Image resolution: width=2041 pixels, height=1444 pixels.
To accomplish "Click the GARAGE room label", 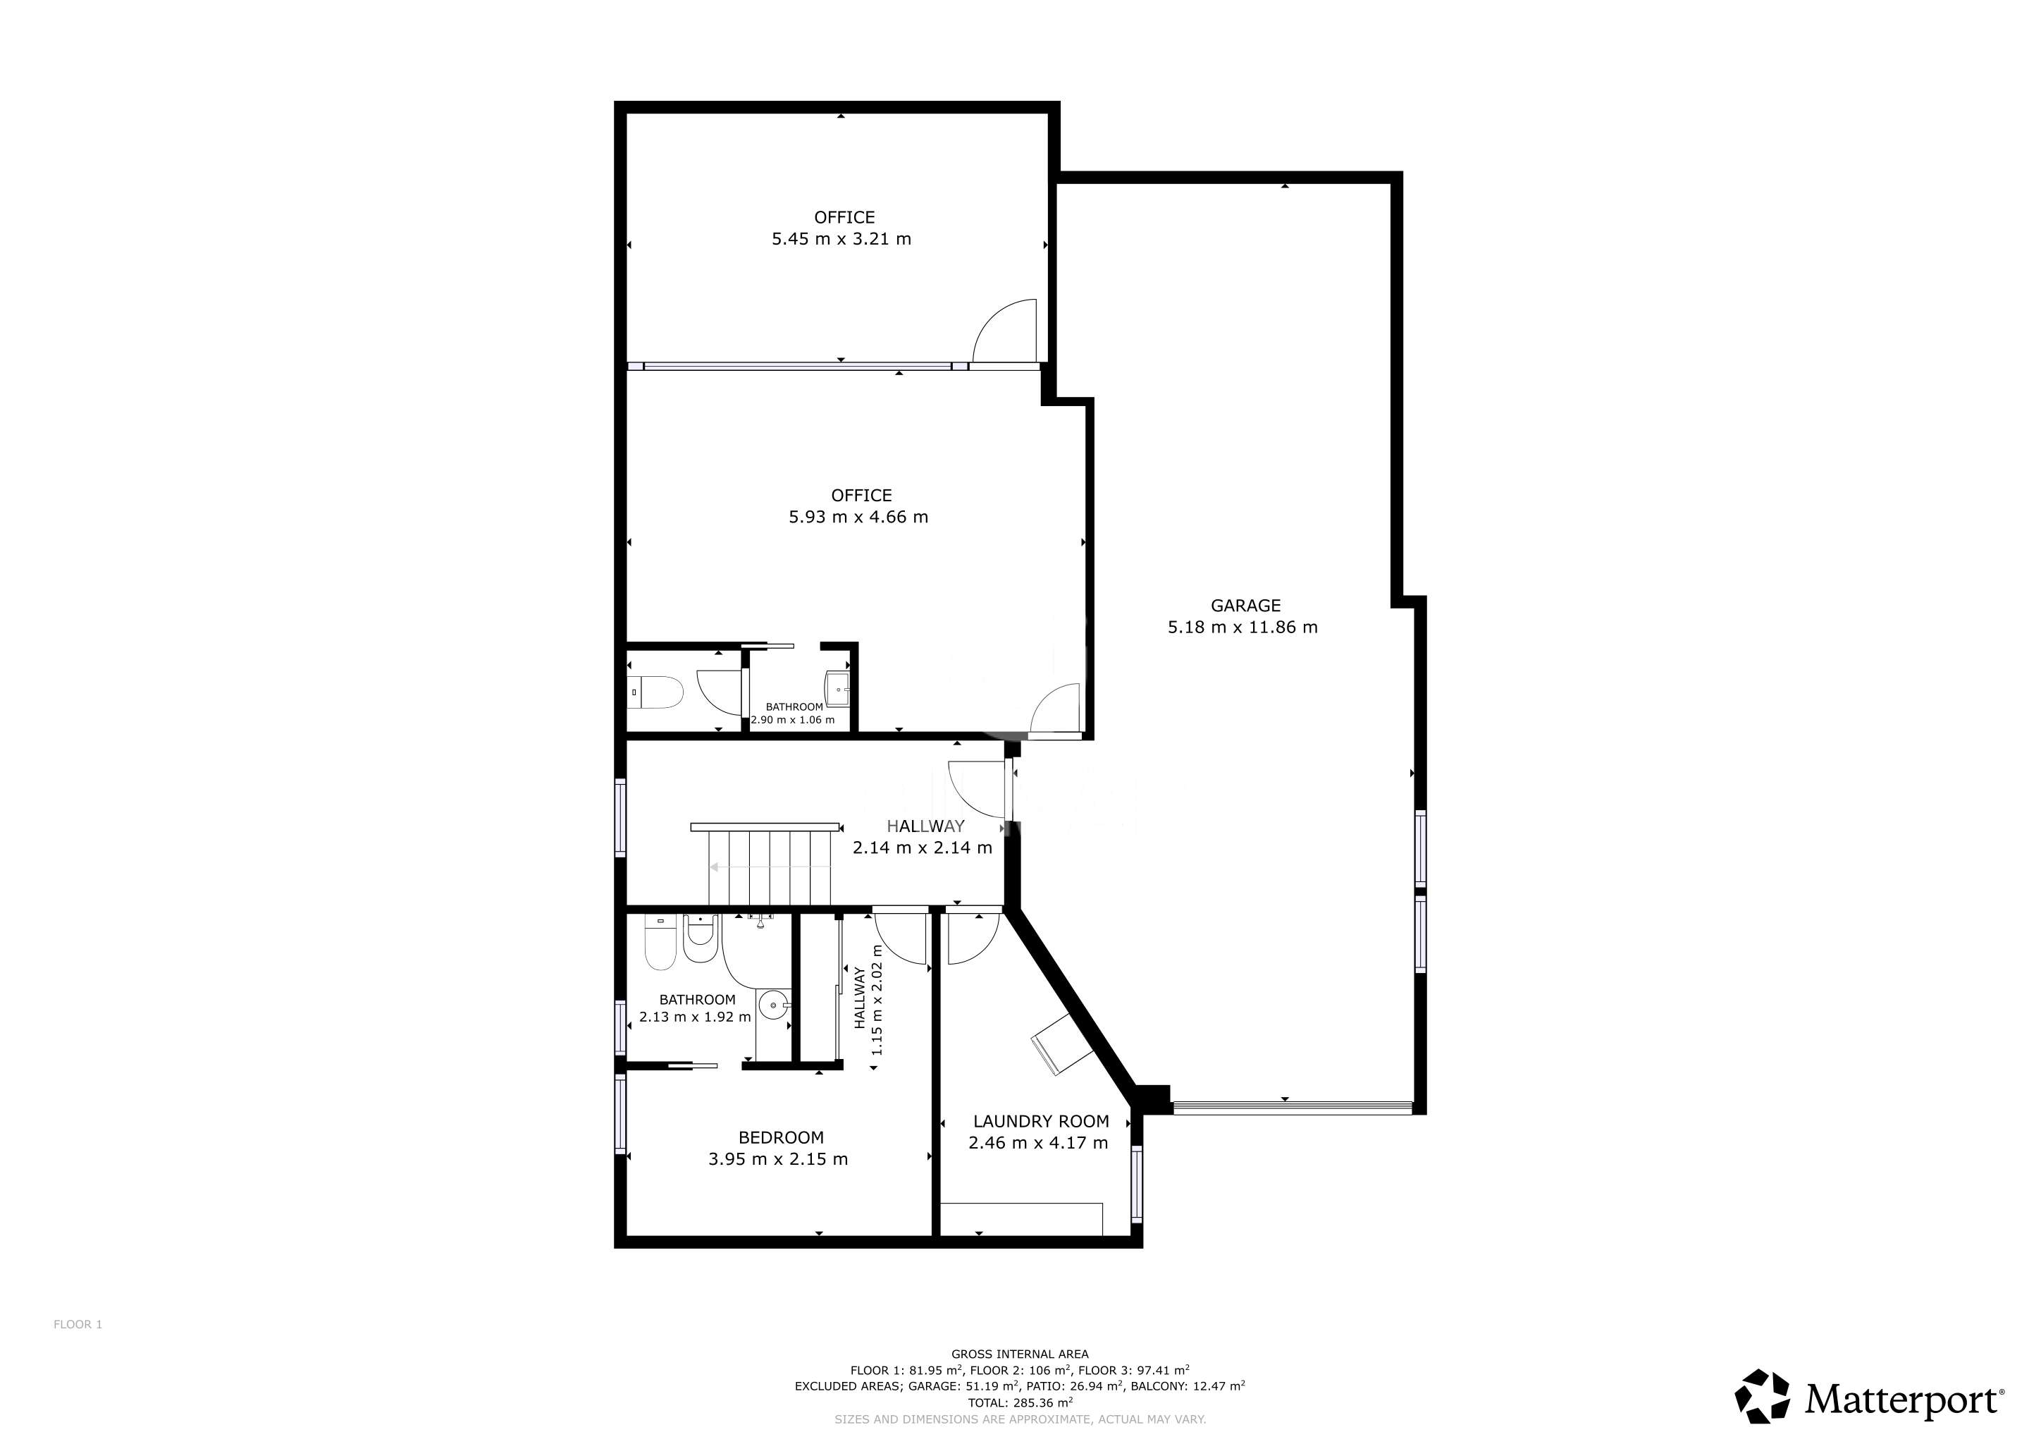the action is (x=1245, y=606).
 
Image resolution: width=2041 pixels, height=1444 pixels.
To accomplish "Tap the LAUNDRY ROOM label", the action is (x=1041, y=1121).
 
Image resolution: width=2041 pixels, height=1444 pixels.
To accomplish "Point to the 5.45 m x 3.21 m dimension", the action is (x=841, y=238).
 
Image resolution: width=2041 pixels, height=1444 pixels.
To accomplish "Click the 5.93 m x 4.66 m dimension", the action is (x=858, y=517).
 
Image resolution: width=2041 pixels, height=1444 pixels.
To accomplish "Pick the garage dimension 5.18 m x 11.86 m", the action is (x=1243, y=627).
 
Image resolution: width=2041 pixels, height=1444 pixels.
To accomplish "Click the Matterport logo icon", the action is (x=1762, y=1397).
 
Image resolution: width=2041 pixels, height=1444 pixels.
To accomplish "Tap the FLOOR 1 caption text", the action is (x=78, y=1324).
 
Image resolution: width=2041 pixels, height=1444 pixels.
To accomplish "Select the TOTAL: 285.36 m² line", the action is (x=1020, y=1402).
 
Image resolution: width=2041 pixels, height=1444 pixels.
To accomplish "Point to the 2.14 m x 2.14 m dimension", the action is (x=922, y=848).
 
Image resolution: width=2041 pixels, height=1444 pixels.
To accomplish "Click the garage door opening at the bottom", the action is (x=1293, y=1107).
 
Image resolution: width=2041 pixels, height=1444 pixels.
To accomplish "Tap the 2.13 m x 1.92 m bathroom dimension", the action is (x=694, y=1016).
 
